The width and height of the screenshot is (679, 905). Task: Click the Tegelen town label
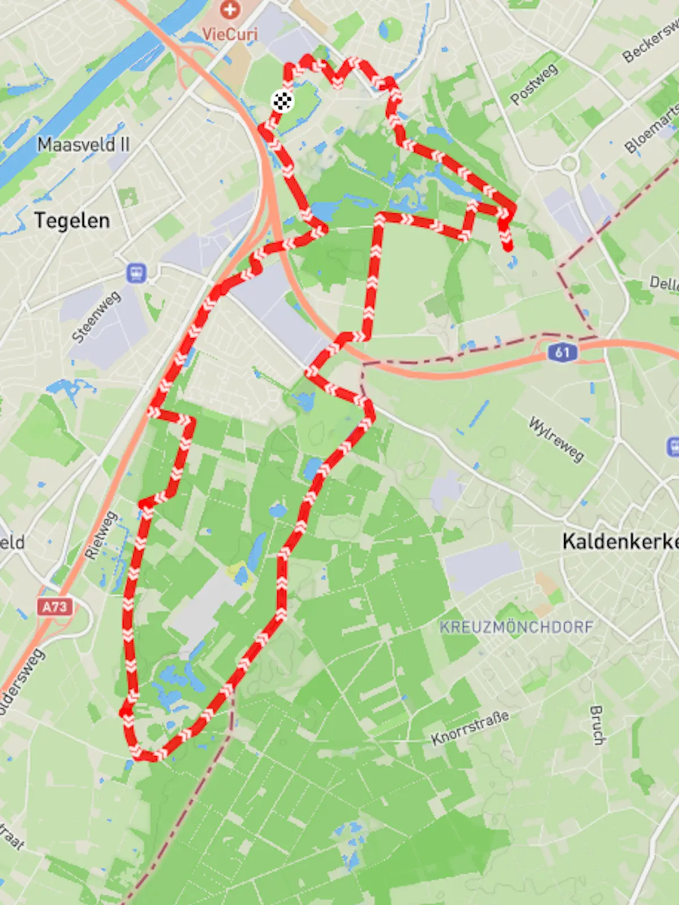(x=72, y=220)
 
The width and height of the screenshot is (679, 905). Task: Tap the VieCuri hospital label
(x=230, y=33)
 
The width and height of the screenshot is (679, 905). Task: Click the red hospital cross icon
(x=230, y=9)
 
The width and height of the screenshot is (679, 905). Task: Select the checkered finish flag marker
(x=282, y=101)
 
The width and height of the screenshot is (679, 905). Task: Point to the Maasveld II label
(x=83, y=145)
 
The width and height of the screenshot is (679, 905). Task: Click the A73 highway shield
(x=55, y=607)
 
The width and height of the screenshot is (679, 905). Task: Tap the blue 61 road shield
(x=562, y=352)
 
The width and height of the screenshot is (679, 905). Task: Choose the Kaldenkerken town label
(x=620, y=541)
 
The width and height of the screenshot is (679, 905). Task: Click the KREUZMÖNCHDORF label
(x=516, y=627)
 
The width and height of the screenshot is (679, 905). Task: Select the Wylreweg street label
(x=556, y=439)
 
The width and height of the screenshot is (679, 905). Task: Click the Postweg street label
(x=534, y=84)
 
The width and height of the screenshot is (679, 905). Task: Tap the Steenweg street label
(x=96, y=317)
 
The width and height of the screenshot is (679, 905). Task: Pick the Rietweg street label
(x=101, y=535)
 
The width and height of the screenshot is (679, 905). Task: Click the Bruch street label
(x=597, y=725)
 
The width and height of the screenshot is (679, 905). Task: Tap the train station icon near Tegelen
(x=136, y=273)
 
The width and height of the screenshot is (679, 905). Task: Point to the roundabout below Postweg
(x=569, y=164)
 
